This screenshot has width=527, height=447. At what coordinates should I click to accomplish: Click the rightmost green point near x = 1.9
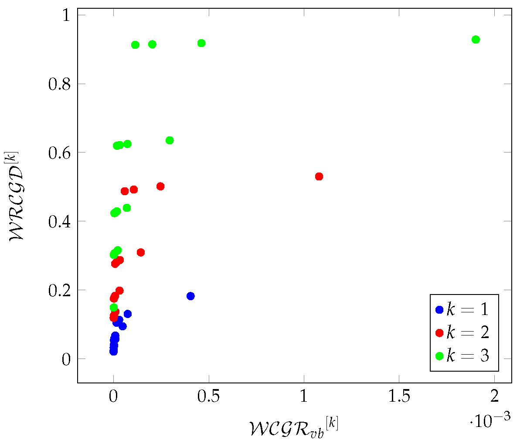[x=476, y=40]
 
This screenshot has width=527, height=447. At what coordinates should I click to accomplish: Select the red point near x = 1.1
[x=319, y=176]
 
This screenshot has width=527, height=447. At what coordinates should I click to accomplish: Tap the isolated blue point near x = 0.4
[x=190, y=296]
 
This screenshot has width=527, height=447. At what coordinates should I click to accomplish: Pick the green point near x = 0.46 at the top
[x=201, y=43]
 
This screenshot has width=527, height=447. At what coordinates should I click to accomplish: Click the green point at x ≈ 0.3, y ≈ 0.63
[x=170, y=140]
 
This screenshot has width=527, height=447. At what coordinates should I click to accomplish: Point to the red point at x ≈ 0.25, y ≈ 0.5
[x=160, y=186]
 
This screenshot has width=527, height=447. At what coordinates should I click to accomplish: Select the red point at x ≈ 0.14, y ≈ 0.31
[x=141, y=253]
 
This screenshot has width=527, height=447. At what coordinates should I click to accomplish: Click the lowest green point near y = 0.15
[x=114, y=308]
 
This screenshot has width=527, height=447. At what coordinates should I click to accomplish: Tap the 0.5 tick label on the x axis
[x=209, y=396]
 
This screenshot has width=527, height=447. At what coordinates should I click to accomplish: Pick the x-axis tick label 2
[x=495, y=396]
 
